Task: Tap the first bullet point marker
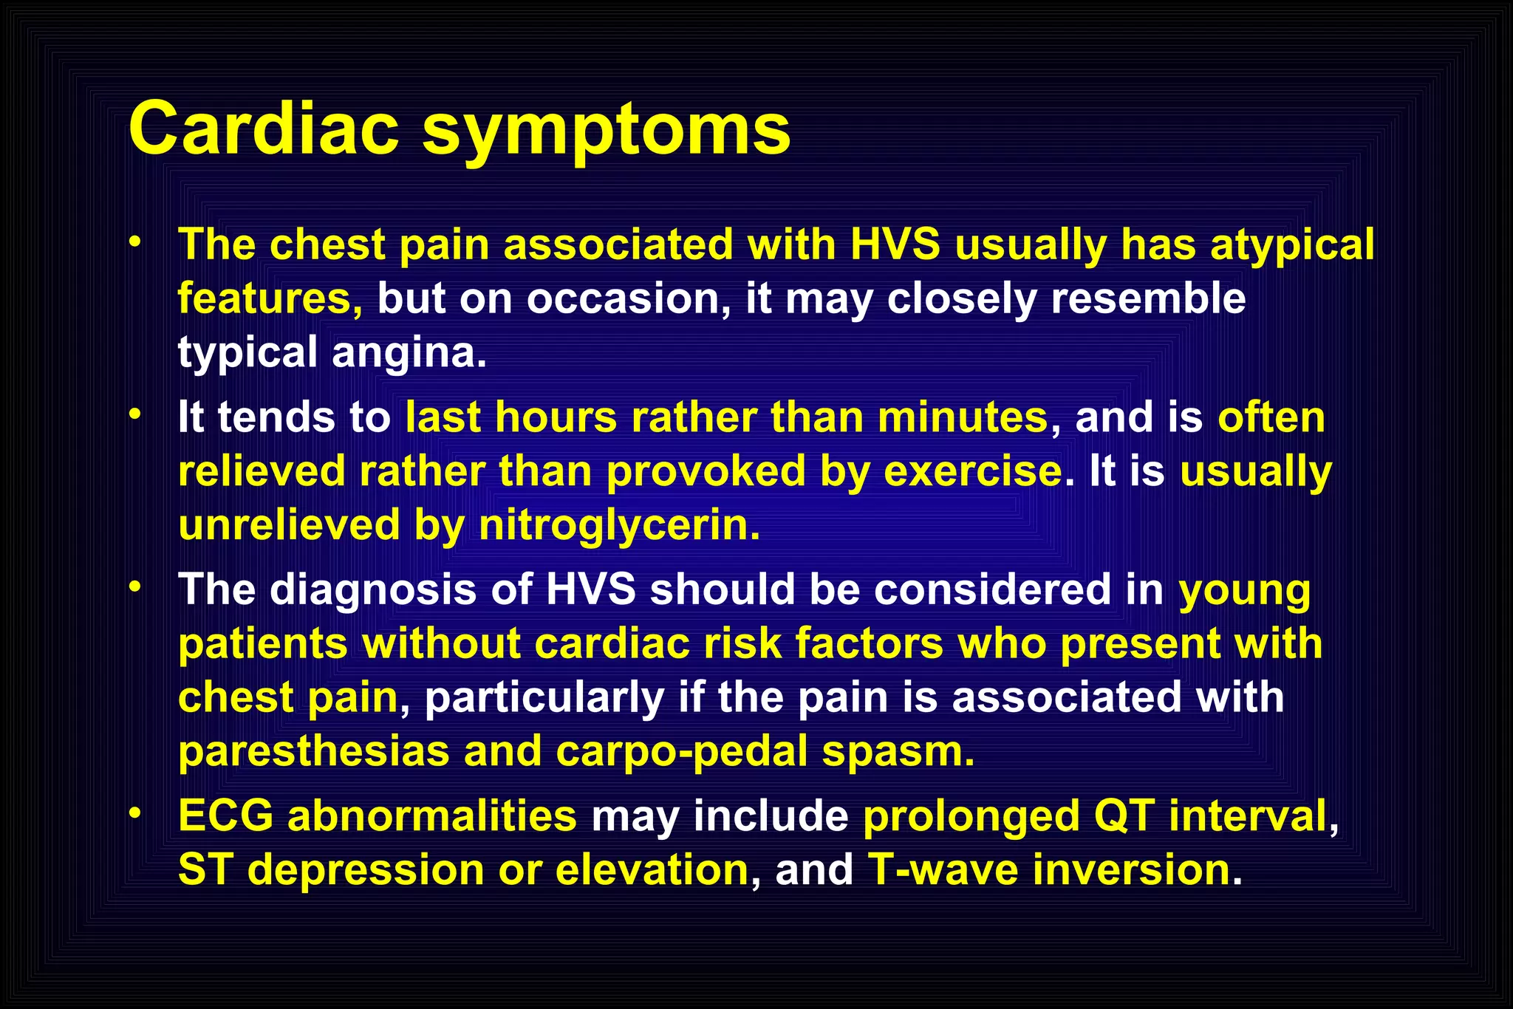(x=134, y=242)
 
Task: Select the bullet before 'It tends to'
(x=134, y=415)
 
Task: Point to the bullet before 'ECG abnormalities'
(x=134, y=813)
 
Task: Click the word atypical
(x=1292, y=246)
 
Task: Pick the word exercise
(x=973, y=471)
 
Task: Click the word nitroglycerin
(x=618, y=525)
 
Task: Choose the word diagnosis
(x=372, y=590)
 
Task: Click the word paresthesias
(x=314, y=751)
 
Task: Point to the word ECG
(x=225, y=816)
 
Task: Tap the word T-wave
(x=943, y=869)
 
